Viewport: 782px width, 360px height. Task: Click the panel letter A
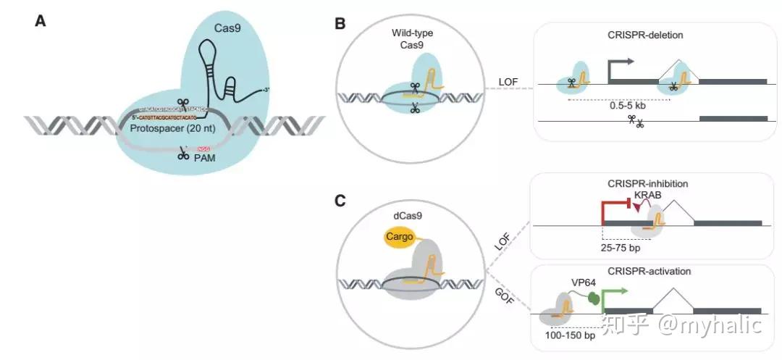41,21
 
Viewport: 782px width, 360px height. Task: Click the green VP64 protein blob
592,297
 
